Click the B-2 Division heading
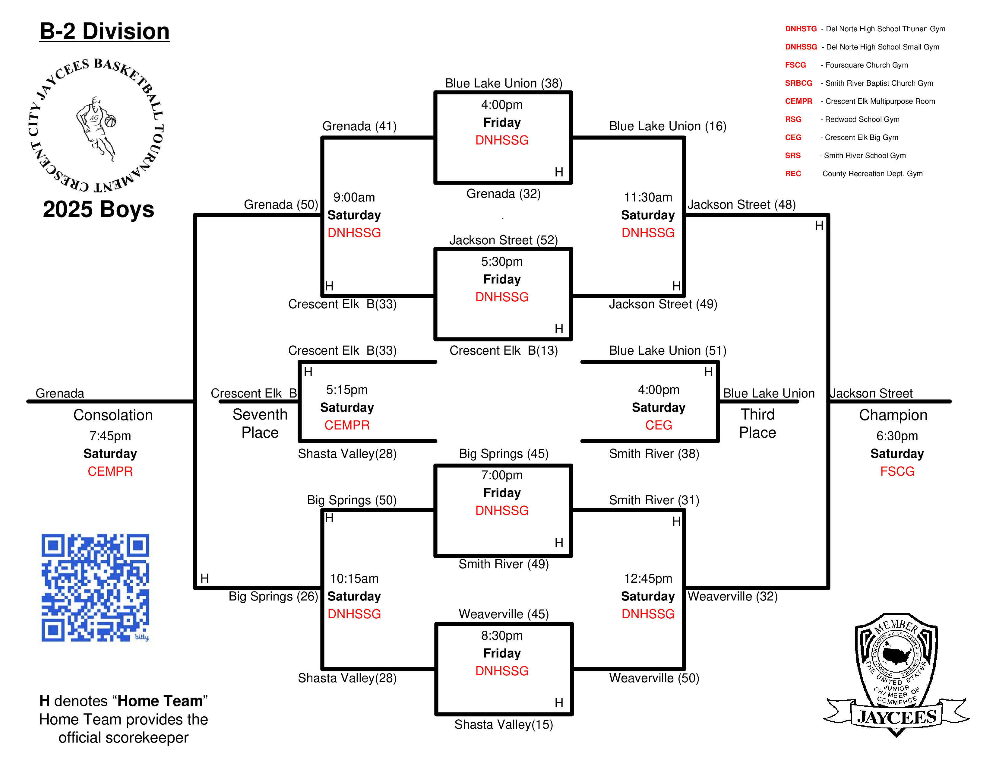click(x=104, y=31)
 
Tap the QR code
click(x=95, y=588)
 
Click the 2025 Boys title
click(x=99, y=209)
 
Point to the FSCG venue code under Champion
click(x=897, y=471)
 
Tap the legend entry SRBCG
click(x=798, y=83)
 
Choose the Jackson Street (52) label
click(x=504, y=240)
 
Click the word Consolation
click(x=113, y=415)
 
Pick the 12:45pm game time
click(x=648, y=578)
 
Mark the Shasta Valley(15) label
click(x=504, y=724)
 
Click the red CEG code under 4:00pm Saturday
click(x=659, y=425)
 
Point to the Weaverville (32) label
click(x=732, y=596)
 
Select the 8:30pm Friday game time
click(x=502, y=635)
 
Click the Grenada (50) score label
click(x=281, y=204)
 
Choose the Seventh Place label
click(x=260, y=423)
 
